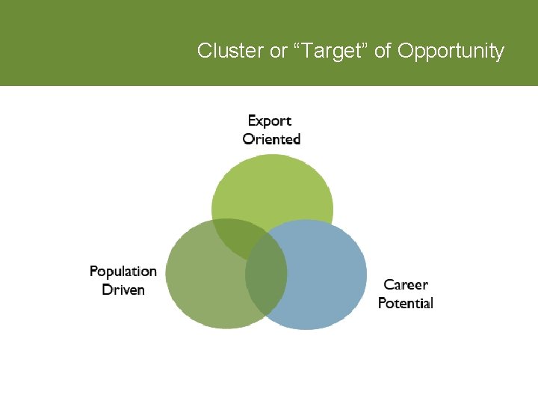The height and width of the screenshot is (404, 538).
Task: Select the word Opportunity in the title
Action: coord(451,51)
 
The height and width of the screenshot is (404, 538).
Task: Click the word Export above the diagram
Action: coord(269,120)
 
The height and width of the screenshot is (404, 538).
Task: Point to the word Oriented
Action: coord(271,139)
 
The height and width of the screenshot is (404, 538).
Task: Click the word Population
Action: coord(123,272)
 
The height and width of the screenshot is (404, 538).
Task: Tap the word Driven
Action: coord(123,290)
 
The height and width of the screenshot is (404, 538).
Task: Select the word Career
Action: coord(406,285)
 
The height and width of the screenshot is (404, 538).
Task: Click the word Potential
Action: coord(406,303)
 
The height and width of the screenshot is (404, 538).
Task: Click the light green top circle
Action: coord(273,187)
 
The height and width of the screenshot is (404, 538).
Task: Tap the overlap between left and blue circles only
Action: coord(266,288)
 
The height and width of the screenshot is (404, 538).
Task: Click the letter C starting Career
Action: coord(389,285)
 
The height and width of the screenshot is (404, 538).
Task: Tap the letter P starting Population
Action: coord(94,272)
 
